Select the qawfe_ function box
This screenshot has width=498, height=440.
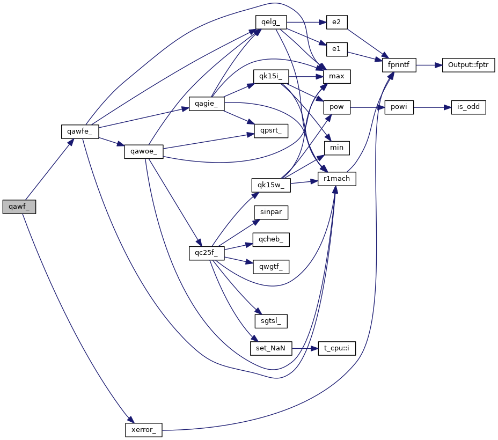tap(79, 131)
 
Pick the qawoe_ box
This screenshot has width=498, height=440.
tap(143, 151)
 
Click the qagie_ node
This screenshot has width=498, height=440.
tap(206, 104)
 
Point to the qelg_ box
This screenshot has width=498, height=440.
tap(270, 23)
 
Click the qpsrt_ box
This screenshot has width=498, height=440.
tap(270, 130)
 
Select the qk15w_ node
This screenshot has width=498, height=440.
tap(270, 185)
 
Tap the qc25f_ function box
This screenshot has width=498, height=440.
tap(206, 253)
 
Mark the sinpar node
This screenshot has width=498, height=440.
tap(271, 212)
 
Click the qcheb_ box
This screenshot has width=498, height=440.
tap(271, 239)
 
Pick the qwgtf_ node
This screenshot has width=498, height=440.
tap(271, 266)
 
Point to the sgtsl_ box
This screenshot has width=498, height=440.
tap(271, 321)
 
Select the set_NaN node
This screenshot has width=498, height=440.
tap(271, 348)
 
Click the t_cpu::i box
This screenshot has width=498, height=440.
tap(336, 348)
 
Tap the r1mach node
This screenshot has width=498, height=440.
tap(337, 179)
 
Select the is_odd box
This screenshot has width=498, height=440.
tap(468, 107)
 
